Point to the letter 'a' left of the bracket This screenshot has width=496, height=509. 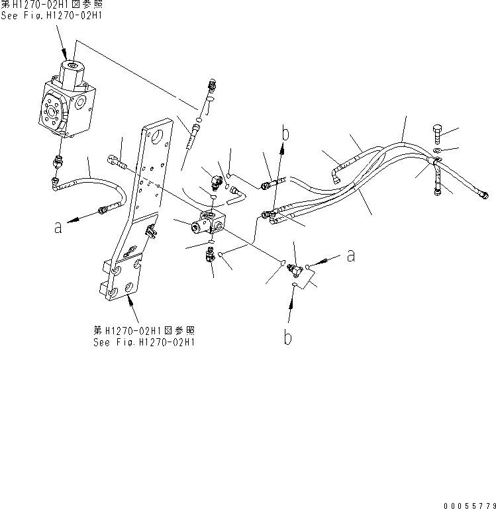click(58, 227)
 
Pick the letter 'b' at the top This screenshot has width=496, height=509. click(286, 134)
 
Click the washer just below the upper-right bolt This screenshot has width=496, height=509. click(437, 153)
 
